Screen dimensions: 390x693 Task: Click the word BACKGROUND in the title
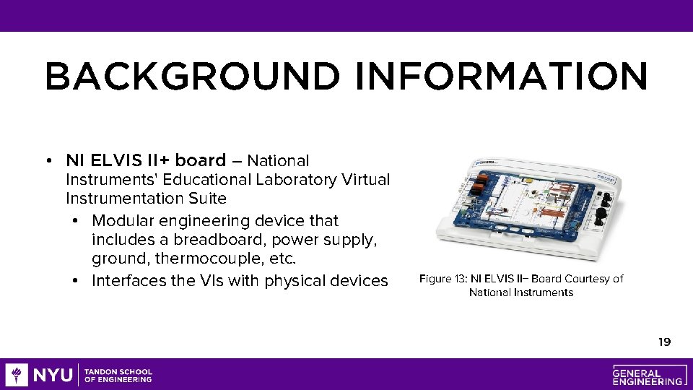[191, 77]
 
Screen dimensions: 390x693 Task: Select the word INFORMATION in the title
[502, 77]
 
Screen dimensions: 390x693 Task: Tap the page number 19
[664, 342]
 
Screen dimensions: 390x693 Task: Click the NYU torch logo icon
[17, 375]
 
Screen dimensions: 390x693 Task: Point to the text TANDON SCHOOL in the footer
[118, 371]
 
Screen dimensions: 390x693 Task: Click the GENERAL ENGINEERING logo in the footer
[648, 375]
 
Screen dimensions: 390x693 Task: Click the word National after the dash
[282, 160]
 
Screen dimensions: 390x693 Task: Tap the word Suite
[205, 198]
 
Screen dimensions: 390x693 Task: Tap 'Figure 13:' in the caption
[443, 279]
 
